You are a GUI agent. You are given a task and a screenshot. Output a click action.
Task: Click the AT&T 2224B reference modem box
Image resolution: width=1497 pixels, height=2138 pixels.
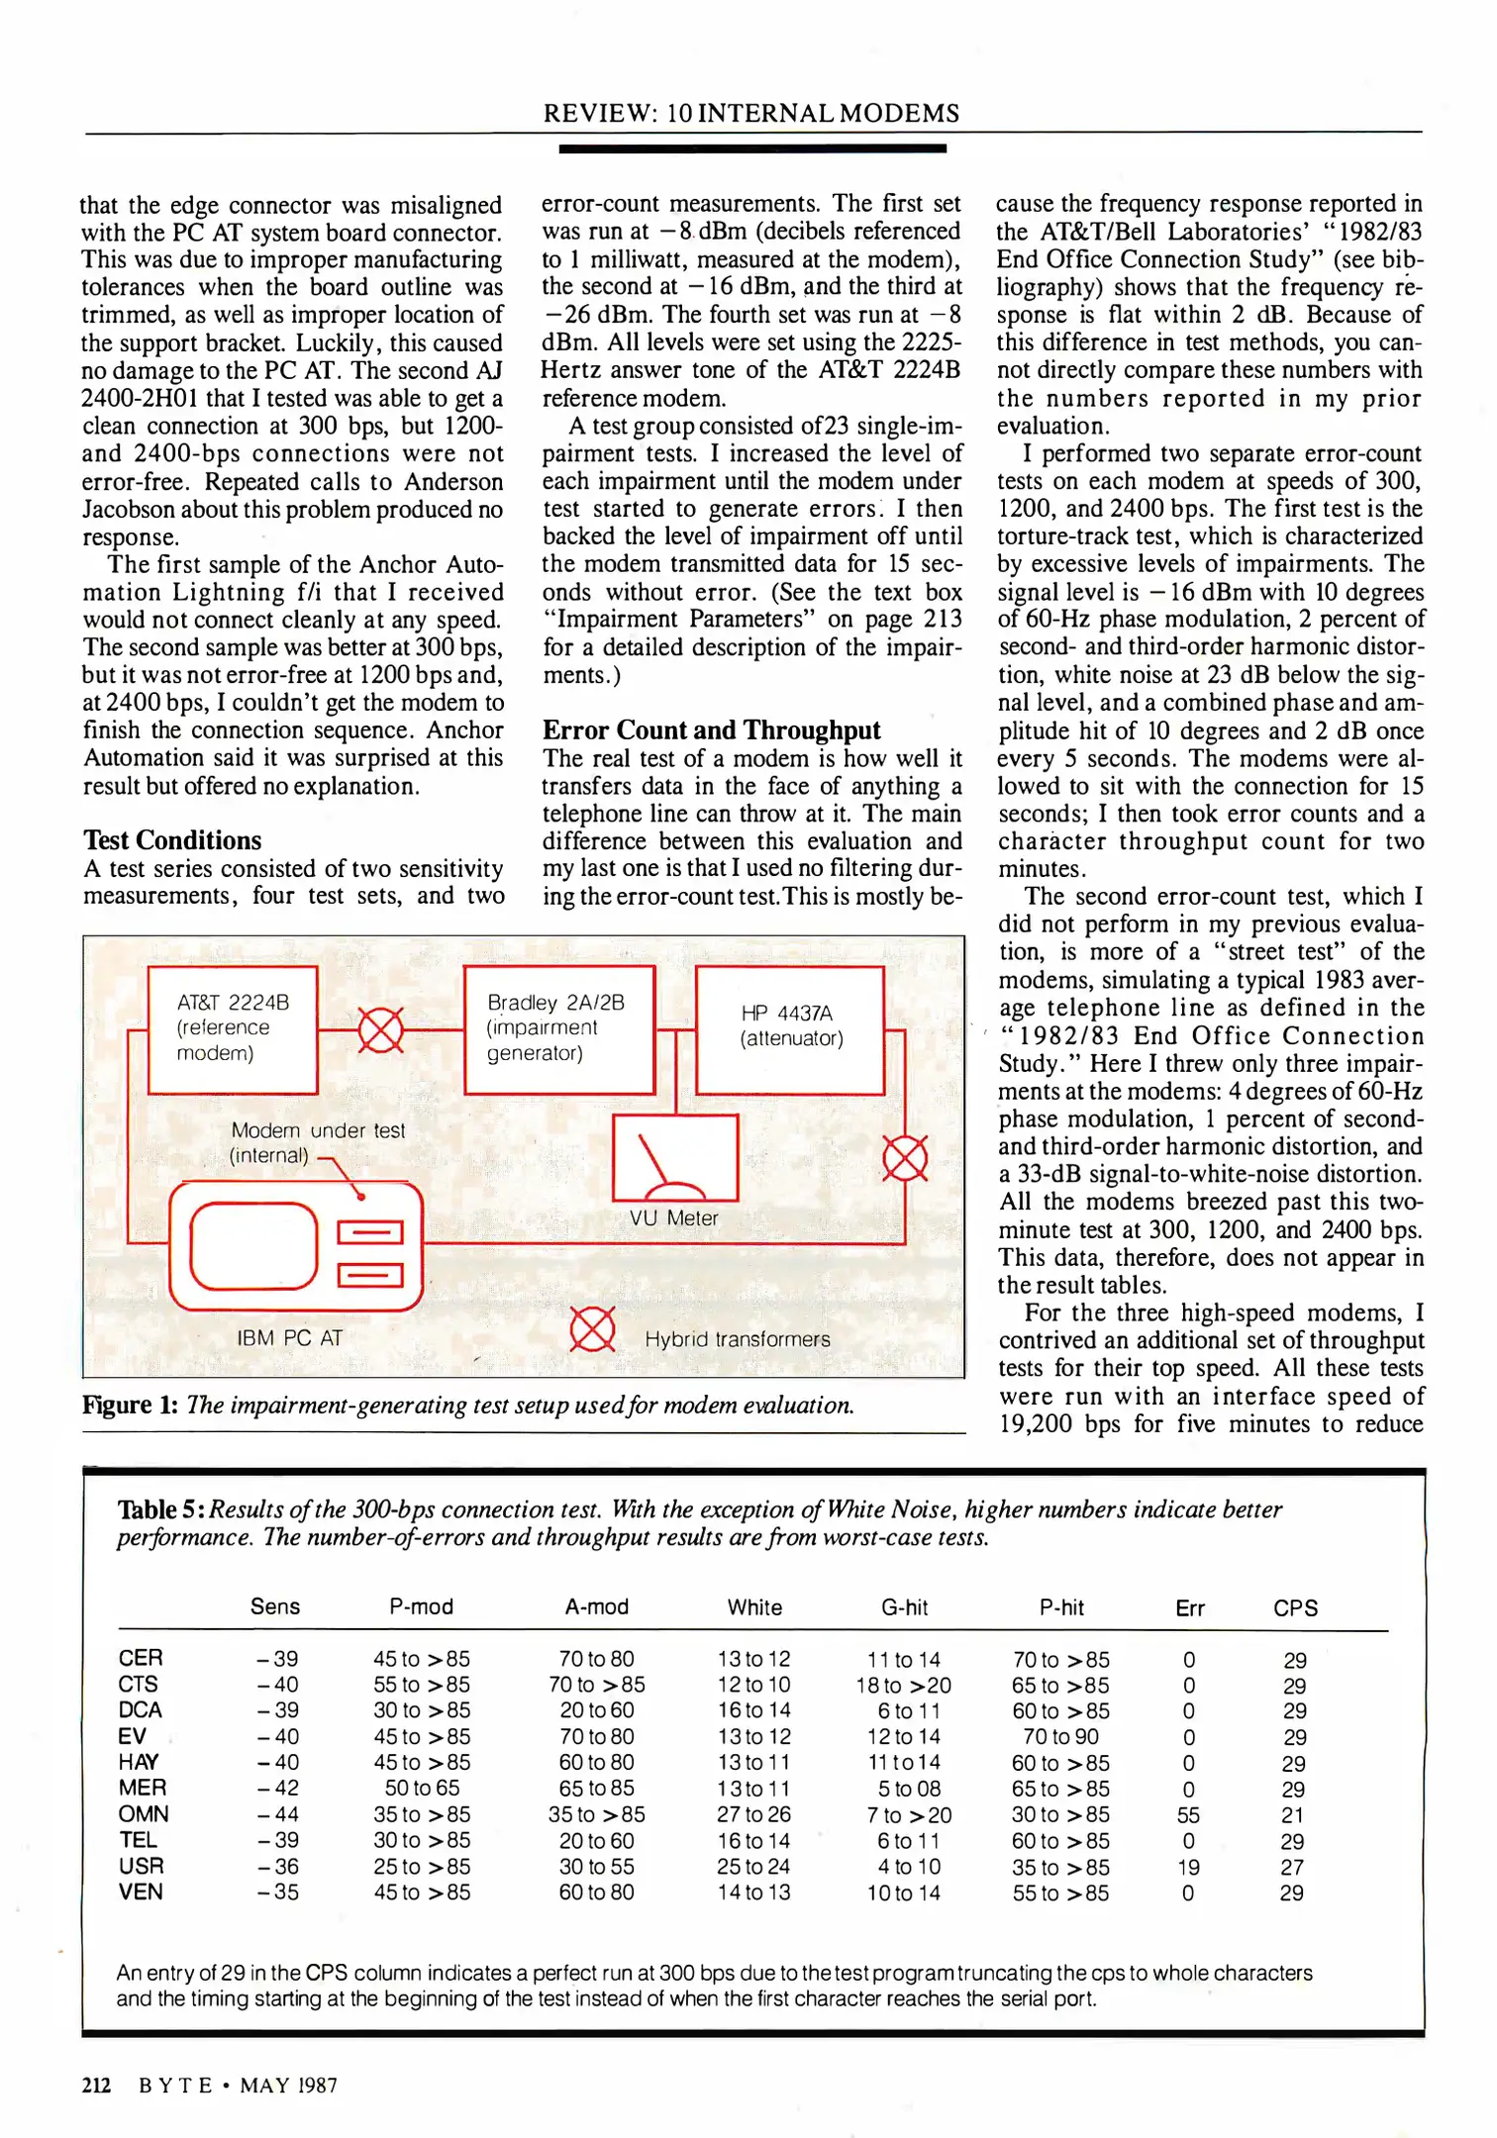click(233, 1029)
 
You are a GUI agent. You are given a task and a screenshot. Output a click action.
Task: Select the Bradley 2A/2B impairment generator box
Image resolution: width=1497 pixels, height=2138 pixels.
click(558, 1029)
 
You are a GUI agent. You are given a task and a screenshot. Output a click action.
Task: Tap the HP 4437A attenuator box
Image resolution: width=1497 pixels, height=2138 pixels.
click(790, 1029)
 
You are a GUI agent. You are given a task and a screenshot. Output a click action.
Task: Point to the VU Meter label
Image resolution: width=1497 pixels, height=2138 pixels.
click(673, 1218)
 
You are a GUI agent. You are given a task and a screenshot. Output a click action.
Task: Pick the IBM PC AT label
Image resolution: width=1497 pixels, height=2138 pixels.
click(289, 1338)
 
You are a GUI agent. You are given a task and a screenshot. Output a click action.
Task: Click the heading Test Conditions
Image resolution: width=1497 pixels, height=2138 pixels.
click(172, 840)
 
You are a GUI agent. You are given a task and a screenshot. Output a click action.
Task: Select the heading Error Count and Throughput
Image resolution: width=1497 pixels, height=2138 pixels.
click(711, 730)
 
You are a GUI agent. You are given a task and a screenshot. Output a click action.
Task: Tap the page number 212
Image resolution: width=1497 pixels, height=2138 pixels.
click(96, 2086)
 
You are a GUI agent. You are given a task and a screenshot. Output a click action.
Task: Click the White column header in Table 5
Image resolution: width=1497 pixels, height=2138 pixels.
click(754, 1607)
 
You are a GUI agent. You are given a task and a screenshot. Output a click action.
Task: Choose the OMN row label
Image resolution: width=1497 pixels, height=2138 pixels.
click(144, 1814)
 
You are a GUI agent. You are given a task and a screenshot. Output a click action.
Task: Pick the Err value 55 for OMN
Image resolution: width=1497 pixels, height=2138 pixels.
click(1188, 1815)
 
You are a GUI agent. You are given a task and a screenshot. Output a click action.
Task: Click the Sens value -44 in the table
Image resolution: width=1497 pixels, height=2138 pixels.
click(277, 1814)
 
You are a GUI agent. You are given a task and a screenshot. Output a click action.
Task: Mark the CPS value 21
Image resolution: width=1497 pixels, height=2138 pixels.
click(1292, 1815)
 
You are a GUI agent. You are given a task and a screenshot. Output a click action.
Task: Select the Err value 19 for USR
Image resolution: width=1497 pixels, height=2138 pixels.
click(1188, 1867)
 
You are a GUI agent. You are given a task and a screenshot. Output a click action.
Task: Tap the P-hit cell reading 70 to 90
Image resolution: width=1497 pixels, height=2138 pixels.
click(1060, 1737)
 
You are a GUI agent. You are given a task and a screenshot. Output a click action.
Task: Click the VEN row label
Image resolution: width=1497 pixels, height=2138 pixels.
click(141, 1893)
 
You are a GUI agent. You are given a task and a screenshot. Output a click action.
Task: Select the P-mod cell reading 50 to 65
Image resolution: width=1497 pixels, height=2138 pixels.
click(422, 1789)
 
